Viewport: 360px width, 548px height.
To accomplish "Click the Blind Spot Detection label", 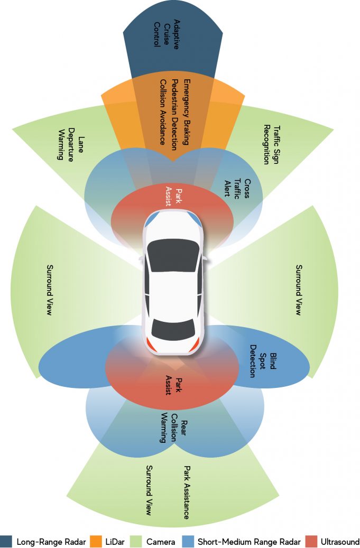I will pyautogui.click(x=263, y=361).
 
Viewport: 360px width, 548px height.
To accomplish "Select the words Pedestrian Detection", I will pyautogui.click(x=175, y=112).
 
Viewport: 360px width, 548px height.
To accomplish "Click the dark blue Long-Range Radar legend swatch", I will pyautogui.click(x=6, y=541).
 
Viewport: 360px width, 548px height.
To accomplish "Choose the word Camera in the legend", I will pyautogui.click(x=160, y=542).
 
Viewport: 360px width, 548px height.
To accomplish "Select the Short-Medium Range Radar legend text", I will pyautogui.click(x=249, y=542).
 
